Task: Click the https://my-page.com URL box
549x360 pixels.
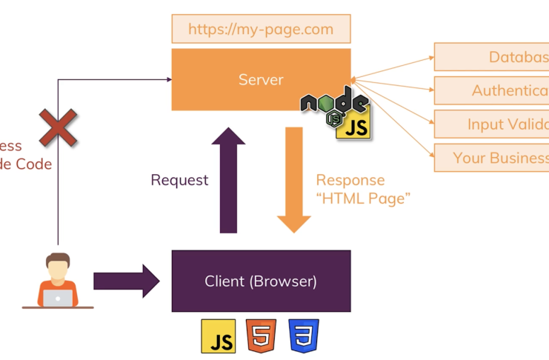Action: click(261, 30)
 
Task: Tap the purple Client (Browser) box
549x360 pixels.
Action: click(261, 281)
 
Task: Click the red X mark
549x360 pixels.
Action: click(59, 127)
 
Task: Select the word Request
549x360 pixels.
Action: click(179, 180)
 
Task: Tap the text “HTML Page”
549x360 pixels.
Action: click(363, 199)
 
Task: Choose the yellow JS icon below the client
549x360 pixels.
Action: click(219, 336)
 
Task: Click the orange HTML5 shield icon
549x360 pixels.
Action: click(261, 336)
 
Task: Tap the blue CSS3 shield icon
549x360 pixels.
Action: click(304, 336)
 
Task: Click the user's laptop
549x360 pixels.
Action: click(58, 298)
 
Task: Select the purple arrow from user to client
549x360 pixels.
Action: click(126, 281)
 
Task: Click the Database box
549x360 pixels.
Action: click(492, 57)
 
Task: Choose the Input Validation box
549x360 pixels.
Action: click(492, 124)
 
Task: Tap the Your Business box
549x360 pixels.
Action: click(492, 158)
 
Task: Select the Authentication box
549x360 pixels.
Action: click(492, 90)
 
